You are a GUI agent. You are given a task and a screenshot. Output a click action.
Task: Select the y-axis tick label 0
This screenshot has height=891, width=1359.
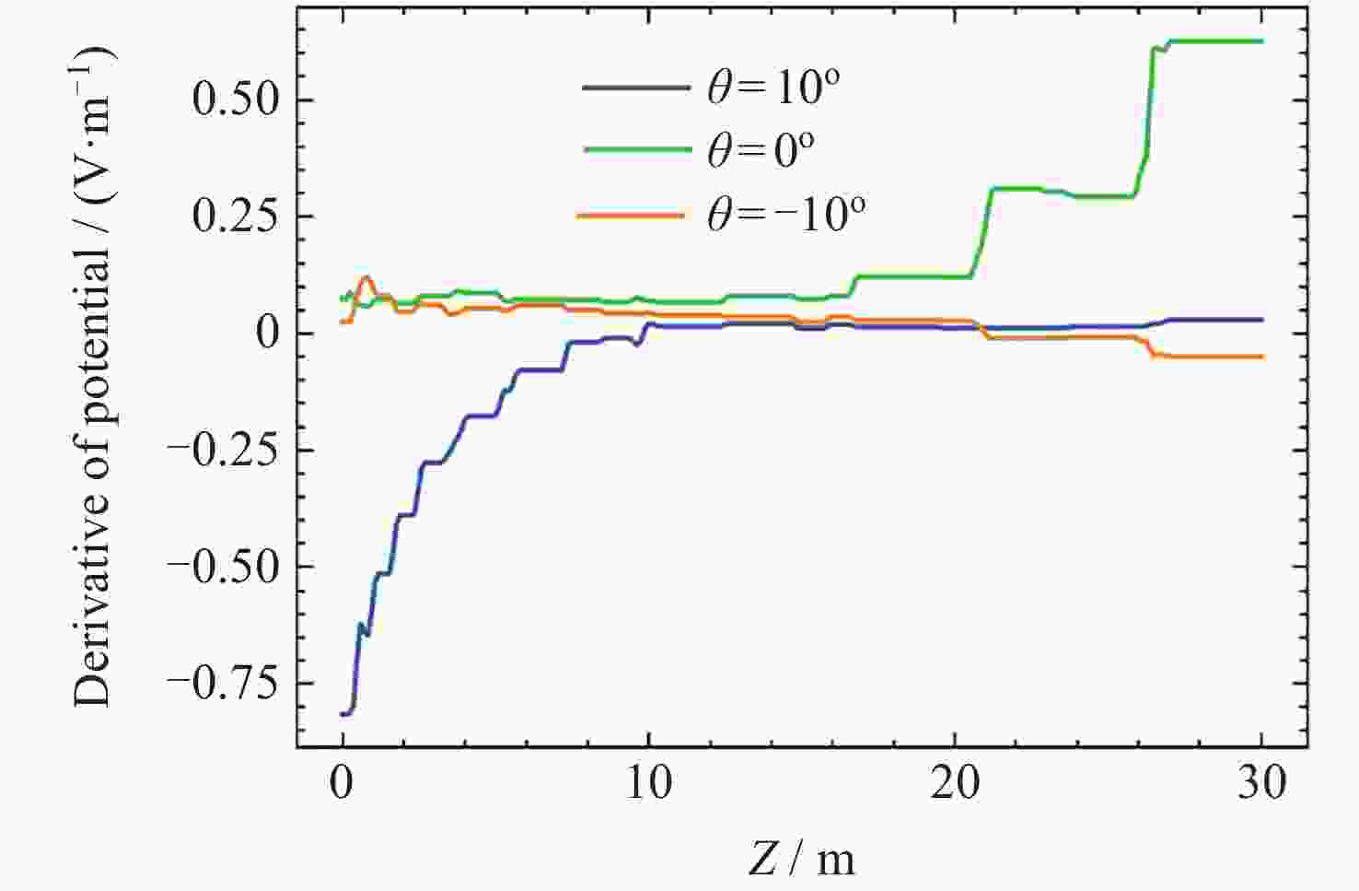(267, 334)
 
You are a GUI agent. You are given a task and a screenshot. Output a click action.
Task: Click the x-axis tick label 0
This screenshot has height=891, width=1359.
(342, 784)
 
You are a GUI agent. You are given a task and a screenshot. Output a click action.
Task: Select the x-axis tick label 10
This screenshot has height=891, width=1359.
(648, 784)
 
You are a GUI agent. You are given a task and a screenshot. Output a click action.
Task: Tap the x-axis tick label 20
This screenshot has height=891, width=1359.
(955, 784)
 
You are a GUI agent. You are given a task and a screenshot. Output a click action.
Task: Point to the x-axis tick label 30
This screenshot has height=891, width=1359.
(1260, 784)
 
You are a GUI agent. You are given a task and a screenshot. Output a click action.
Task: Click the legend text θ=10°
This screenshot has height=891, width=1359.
(773, 88)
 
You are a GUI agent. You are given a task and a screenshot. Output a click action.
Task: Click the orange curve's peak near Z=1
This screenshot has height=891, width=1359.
(366, 276)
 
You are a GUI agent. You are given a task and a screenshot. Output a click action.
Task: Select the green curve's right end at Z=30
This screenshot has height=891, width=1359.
(1261, 41)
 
